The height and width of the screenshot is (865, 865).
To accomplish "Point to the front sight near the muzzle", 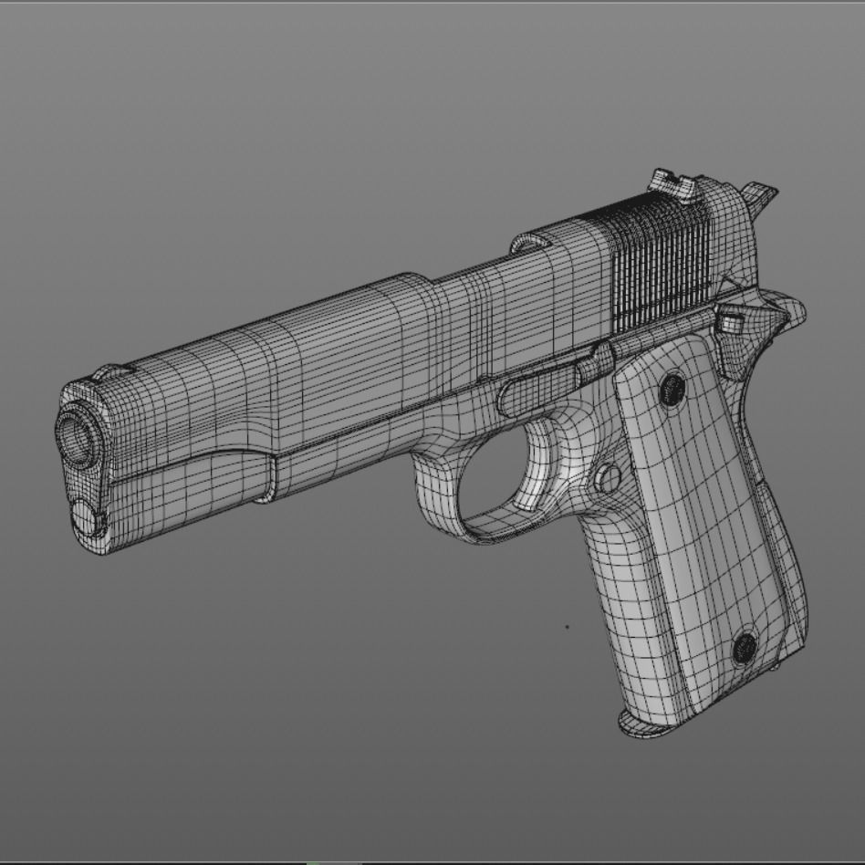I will click(109, 372).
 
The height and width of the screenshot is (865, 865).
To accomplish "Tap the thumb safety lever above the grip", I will click(730, 321).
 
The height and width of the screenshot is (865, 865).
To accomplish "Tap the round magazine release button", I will click(607, 477).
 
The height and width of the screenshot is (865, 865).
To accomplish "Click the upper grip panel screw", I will click(672, 391).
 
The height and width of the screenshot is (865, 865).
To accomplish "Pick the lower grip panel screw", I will click(745, 649).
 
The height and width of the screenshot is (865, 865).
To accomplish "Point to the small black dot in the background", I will click(567, 627).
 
